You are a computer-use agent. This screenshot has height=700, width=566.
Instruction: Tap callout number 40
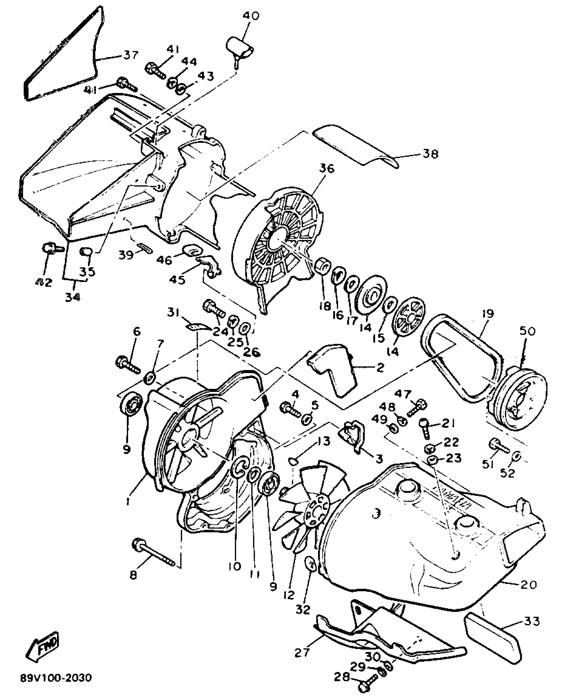tap(251, 16)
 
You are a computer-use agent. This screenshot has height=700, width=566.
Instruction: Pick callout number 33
tap(532, 622)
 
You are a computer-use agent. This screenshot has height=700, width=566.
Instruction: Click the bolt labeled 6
tap(128, 364)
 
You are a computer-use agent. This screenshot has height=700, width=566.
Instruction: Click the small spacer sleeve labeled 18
tap(322, 266)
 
